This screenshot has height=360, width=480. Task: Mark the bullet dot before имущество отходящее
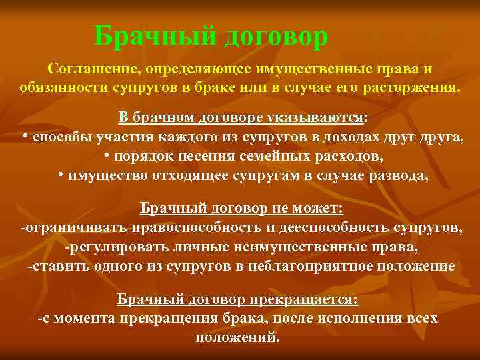[61, 175]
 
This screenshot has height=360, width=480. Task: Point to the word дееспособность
[330, 228]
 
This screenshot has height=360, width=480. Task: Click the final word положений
[233, 337]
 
